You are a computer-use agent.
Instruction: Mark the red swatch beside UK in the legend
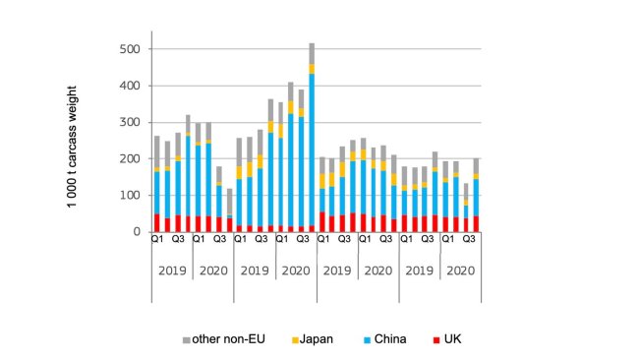point(436,340)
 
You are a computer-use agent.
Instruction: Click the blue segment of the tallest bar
point(312,148)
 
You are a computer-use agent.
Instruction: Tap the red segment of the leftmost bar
point(156,222)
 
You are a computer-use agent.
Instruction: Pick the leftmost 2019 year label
point(172,270)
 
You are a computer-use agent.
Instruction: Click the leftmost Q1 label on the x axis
point(156,241)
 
